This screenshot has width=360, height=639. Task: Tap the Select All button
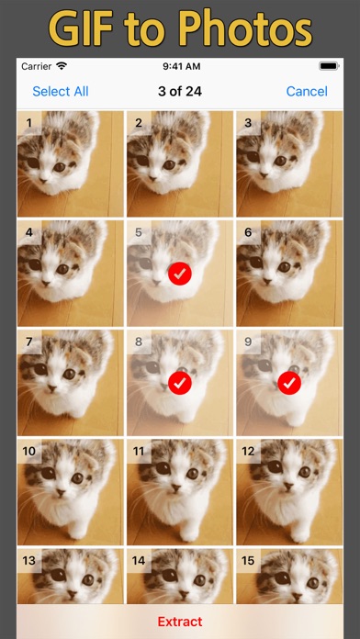(x=61, y=91)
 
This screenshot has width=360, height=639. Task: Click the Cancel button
(x=307, y=91)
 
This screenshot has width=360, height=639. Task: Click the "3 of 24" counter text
(x=180, y=91)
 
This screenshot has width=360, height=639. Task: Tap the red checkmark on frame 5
(x=180, y=274)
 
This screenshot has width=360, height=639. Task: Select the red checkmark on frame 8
(x=180, y=383)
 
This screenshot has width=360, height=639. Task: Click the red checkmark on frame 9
(x=289, y=383)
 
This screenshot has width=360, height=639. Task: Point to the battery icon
(x=329, y=66)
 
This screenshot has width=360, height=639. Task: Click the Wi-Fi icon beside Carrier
(x=62, y=65)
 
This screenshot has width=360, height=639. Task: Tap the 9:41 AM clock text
(x=182, y=66)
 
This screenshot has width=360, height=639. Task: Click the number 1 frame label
(x=29, y=122)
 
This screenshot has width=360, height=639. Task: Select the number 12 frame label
(x=248, y=451)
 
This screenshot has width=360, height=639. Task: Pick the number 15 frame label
(x=248, y=561)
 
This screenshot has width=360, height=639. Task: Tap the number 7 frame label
(x=29, y=342)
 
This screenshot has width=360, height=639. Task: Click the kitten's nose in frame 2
(x=153, y=178)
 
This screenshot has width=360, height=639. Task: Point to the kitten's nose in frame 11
(x=176, y=487)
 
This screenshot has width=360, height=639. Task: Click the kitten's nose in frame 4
(x=46, y=283)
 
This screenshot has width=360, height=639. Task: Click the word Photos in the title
(x=245, y=28)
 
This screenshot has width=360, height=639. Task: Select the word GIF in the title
(x=83, y=28)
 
